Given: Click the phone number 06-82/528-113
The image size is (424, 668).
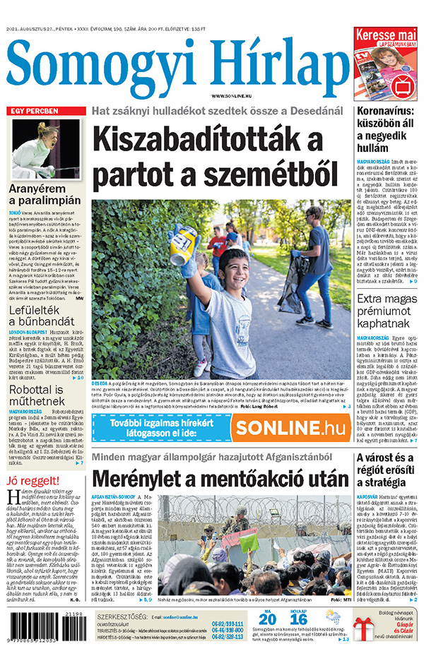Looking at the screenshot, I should click(228, 636).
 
